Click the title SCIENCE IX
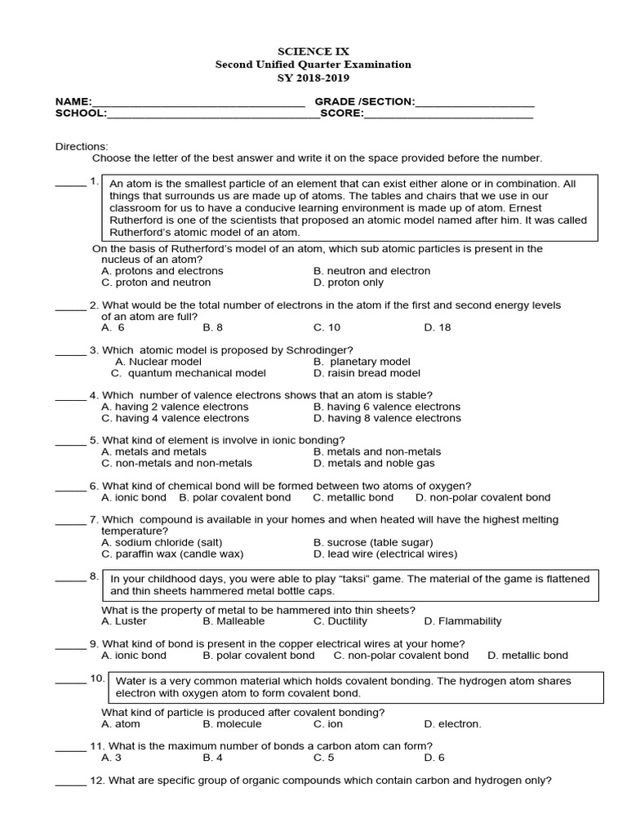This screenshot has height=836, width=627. tap(313, 51)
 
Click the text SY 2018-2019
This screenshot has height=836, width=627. tap(313, 78)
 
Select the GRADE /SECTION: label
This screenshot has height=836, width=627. tap(365, 101)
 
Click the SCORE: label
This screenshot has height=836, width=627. tap(341, 113)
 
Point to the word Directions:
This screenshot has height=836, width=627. tap(82, 146)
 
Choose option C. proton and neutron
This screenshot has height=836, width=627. tap(156, 282)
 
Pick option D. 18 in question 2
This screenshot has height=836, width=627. tap(438, 327)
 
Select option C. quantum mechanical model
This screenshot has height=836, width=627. tap(188, 373)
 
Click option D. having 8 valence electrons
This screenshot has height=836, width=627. tap(387, 418)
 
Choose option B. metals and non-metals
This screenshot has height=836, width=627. tap(377, 451)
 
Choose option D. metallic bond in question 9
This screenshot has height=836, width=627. tap(527, 656)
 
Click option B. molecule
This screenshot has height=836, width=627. tap(232, 724)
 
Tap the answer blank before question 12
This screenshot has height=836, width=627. tap(70, 781)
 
